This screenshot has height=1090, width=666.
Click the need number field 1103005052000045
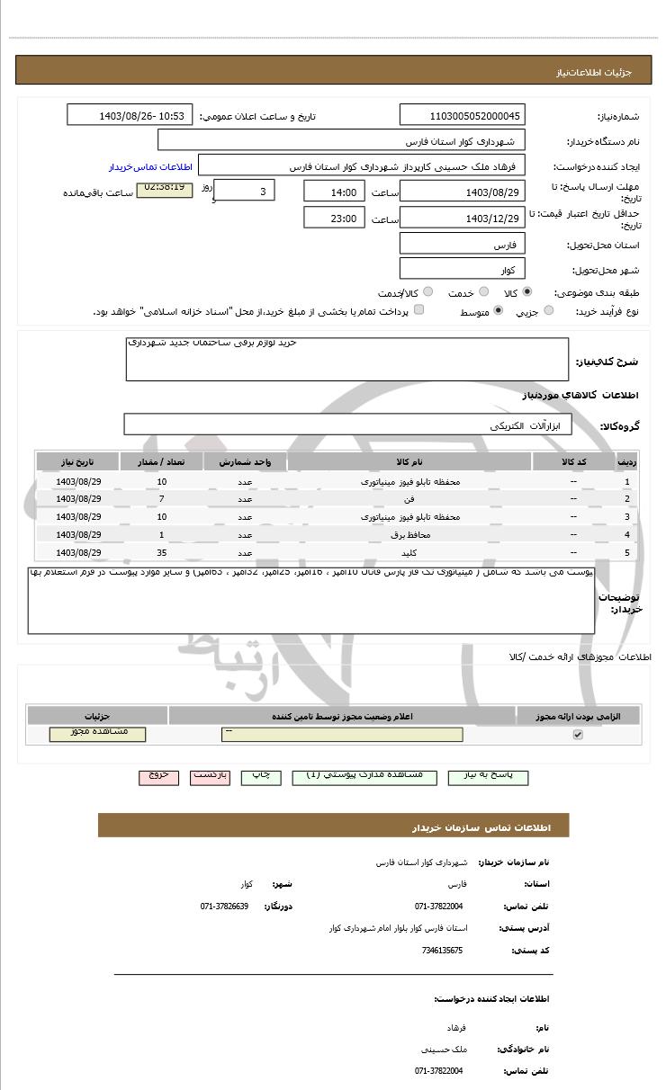[x=462, y=116]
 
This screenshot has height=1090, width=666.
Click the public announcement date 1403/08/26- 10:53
[x=130, y=116]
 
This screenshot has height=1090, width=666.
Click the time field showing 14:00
[x=334, y=192]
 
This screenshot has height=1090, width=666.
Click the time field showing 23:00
[x=334, y=219]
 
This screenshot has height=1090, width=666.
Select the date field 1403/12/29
[x=462, y=219]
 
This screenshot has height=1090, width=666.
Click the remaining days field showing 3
[x=246, y=192]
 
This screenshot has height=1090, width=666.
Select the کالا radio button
[x=526, y=292]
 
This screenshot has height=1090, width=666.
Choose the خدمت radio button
[x=483, y=292]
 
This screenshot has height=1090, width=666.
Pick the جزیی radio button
[x=549, y=311]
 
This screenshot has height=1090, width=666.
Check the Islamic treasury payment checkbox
[x=419, y=311]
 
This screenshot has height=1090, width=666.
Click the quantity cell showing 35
[x=162, y=553]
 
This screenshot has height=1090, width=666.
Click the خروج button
[x=158, y=777]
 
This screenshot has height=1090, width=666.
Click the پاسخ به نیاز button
[x=487, y=777]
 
